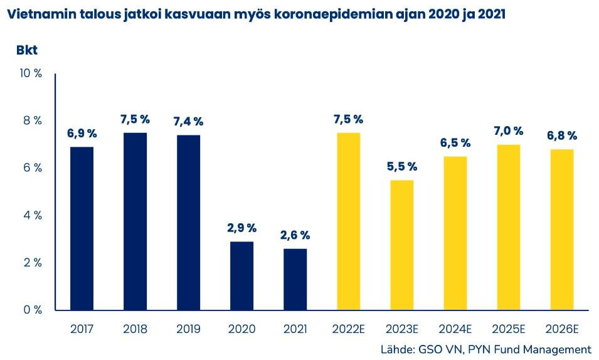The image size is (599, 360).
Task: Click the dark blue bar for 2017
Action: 82,228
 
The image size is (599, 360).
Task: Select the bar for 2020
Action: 241,275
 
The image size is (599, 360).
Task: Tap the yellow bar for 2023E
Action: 402,245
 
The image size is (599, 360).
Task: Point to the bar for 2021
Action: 295,279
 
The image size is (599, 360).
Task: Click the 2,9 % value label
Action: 241,228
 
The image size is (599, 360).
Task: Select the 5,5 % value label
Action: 402,167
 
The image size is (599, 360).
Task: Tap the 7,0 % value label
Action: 509,131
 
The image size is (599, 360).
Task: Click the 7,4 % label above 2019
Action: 188,122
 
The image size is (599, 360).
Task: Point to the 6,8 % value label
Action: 562,135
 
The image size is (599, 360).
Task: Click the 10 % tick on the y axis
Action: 31,73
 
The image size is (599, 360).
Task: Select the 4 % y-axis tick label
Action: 33,215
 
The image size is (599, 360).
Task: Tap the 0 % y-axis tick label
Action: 33,310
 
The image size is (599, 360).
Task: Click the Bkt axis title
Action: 27,50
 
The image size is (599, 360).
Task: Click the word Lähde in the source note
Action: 396,349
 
